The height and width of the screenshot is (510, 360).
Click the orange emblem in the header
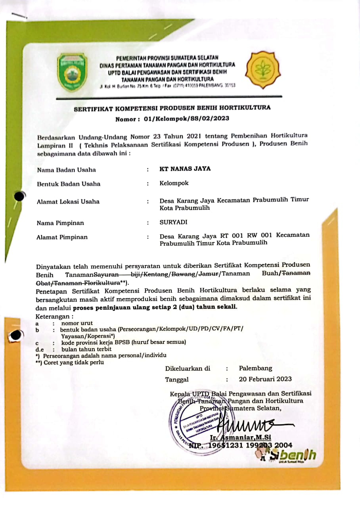point(262,70)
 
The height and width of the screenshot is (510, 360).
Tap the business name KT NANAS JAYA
point(185,169)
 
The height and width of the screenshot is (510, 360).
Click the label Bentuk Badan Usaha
point(69,184)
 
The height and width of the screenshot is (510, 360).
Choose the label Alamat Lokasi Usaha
point(68,201)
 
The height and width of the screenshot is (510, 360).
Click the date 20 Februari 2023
point(265,379)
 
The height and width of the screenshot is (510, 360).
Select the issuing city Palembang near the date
point(255,368)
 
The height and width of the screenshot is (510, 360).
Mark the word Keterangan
point(55,316)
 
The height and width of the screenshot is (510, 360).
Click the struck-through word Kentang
point(157,274)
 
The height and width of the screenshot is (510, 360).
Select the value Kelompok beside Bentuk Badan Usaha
point(174,183)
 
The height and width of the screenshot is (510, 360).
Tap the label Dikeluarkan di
point(188,368)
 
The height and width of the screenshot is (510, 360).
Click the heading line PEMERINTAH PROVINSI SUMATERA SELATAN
point(167,58)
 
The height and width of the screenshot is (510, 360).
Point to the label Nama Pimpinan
point(60,223)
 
